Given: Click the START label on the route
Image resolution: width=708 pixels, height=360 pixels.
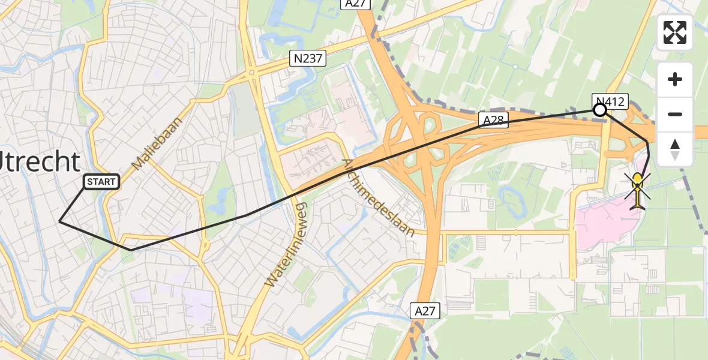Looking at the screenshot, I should tap(101, 181).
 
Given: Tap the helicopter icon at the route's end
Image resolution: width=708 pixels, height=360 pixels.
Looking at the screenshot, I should tap(637, 188).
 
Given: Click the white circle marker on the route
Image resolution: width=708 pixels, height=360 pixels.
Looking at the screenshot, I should tap(599, 110).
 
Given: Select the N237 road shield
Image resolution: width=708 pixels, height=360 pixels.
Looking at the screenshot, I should tap(308, 58).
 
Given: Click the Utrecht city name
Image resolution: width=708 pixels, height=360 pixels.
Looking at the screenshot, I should tap(38, 162).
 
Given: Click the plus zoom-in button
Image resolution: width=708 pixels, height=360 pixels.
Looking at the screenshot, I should tap(675, 80).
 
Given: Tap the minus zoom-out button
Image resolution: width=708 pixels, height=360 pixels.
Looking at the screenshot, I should tap(675, 114).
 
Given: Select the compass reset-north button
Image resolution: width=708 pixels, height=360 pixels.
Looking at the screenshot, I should tap(675, 149).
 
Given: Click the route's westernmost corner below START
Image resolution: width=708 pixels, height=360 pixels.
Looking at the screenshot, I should tap(59, 221).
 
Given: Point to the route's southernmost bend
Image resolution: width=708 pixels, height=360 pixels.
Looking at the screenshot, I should tap(131, 250).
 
